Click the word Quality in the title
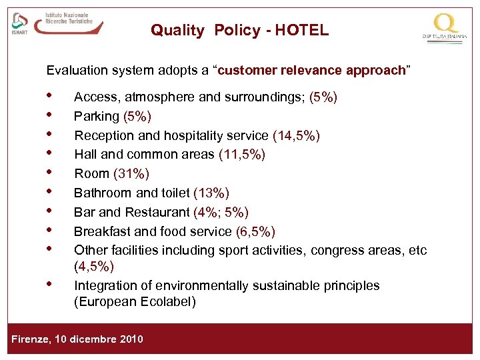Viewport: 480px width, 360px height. point(177,30)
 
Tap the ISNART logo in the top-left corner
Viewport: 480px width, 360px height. point(20,24)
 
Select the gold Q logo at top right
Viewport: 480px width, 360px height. point(445,25)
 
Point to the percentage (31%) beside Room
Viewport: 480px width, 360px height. point(131,174)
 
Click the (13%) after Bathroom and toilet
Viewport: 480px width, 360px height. point(211,193)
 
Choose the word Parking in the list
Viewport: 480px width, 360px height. point(96,117)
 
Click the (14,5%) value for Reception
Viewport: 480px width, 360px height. point(296,136)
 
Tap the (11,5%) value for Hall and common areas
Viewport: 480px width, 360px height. point(242,155)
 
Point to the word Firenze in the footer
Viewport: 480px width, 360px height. point(31,339)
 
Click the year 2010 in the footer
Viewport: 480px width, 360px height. point(131,339)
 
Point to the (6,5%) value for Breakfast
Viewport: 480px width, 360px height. point(255,231)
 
